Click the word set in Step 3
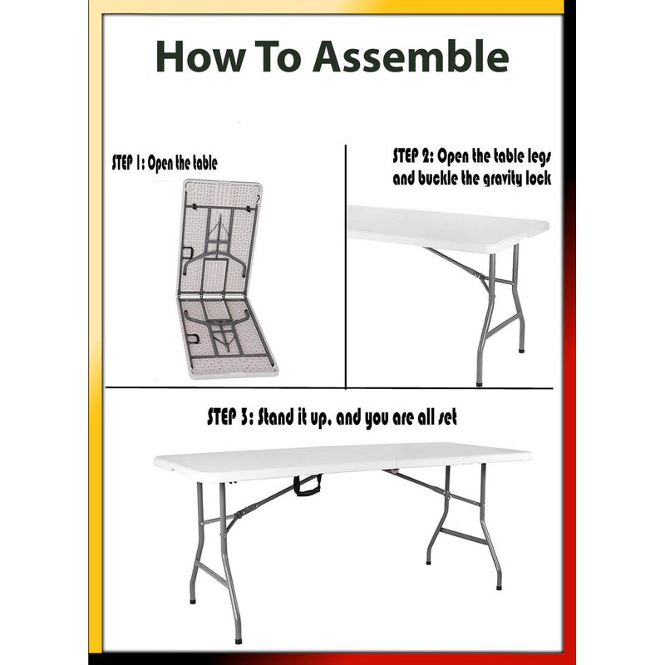pyautogui.click(x=447, y=417)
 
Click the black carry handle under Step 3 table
pyautogui.click(x=308, y=485)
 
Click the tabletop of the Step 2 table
pyautogui.click(x=448, y=228)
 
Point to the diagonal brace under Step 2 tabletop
pyautogui.click(x=456, y=264)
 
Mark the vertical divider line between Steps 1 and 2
pyautogui.click(x=346, y=266)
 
